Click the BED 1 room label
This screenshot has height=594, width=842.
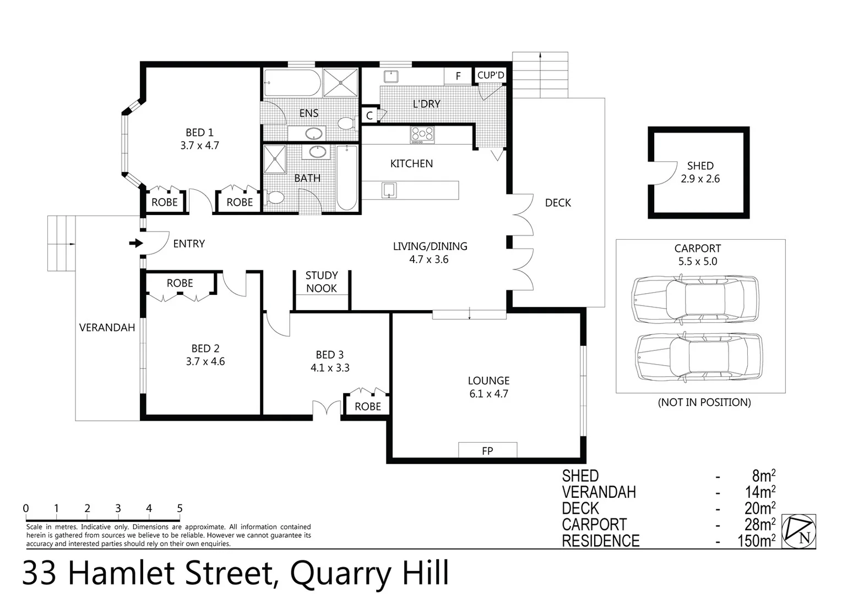199,133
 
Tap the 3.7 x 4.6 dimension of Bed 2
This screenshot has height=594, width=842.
205,362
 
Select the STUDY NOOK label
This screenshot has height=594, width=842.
322,282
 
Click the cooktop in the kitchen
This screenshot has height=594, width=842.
422,135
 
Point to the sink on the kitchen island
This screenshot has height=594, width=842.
389,190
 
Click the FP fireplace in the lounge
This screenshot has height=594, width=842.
487,450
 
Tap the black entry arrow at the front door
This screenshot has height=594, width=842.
135,243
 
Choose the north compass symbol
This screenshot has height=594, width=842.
799,531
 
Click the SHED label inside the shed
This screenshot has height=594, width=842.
700,166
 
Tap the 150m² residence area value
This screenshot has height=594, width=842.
756,541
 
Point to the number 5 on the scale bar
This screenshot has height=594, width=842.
180,509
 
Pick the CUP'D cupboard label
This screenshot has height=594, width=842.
490,75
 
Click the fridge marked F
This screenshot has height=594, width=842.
458,76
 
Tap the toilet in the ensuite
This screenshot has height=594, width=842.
345,123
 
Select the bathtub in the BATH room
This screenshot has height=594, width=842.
347,177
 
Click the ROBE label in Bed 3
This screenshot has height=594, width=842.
367,406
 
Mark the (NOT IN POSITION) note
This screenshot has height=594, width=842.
704,402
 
